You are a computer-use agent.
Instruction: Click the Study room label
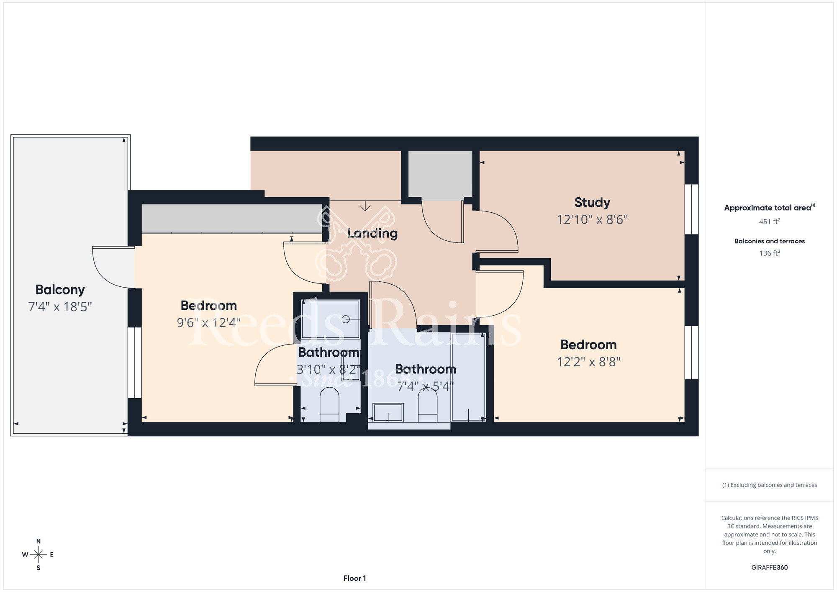tap(592, 203)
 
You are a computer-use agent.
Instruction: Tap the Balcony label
tap(60, 290)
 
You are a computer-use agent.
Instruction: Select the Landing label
tap(372, 233)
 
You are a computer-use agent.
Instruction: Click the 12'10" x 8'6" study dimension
tap(592, 220)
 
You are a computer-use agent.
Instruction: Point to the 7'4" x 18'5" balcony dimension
tap(60, 307)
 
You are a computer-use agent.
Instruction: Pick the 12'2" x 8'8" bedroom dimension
tap(588, 362)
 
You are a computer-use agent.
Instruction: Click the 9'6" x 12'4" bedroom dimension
tap(208, 323)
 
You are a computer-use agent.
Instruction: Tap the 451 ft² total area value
tap(770, 221)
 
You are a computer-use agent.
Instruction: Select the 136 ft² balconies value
tap(770, 253)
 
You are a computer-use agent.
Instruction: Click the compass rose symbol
tap(39, 555)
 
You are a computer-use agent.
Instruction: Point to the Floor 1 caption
tap(354, 578)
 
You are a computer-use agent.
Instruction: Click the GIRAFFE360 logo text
tap(770, 568)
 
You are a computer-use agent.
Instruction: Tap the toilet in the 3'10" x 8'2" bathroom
tap(329, 404)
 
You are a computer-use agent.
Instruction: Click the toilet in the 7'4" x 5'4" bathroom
tap(427, 405)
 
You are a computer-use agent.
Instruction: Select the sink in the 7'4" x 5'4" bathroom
tap(388, 412)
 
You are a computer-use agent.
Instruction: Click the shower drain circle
tap(346, 319)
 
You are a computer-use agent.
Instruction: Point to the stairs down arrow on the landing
tap(365, 206)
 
